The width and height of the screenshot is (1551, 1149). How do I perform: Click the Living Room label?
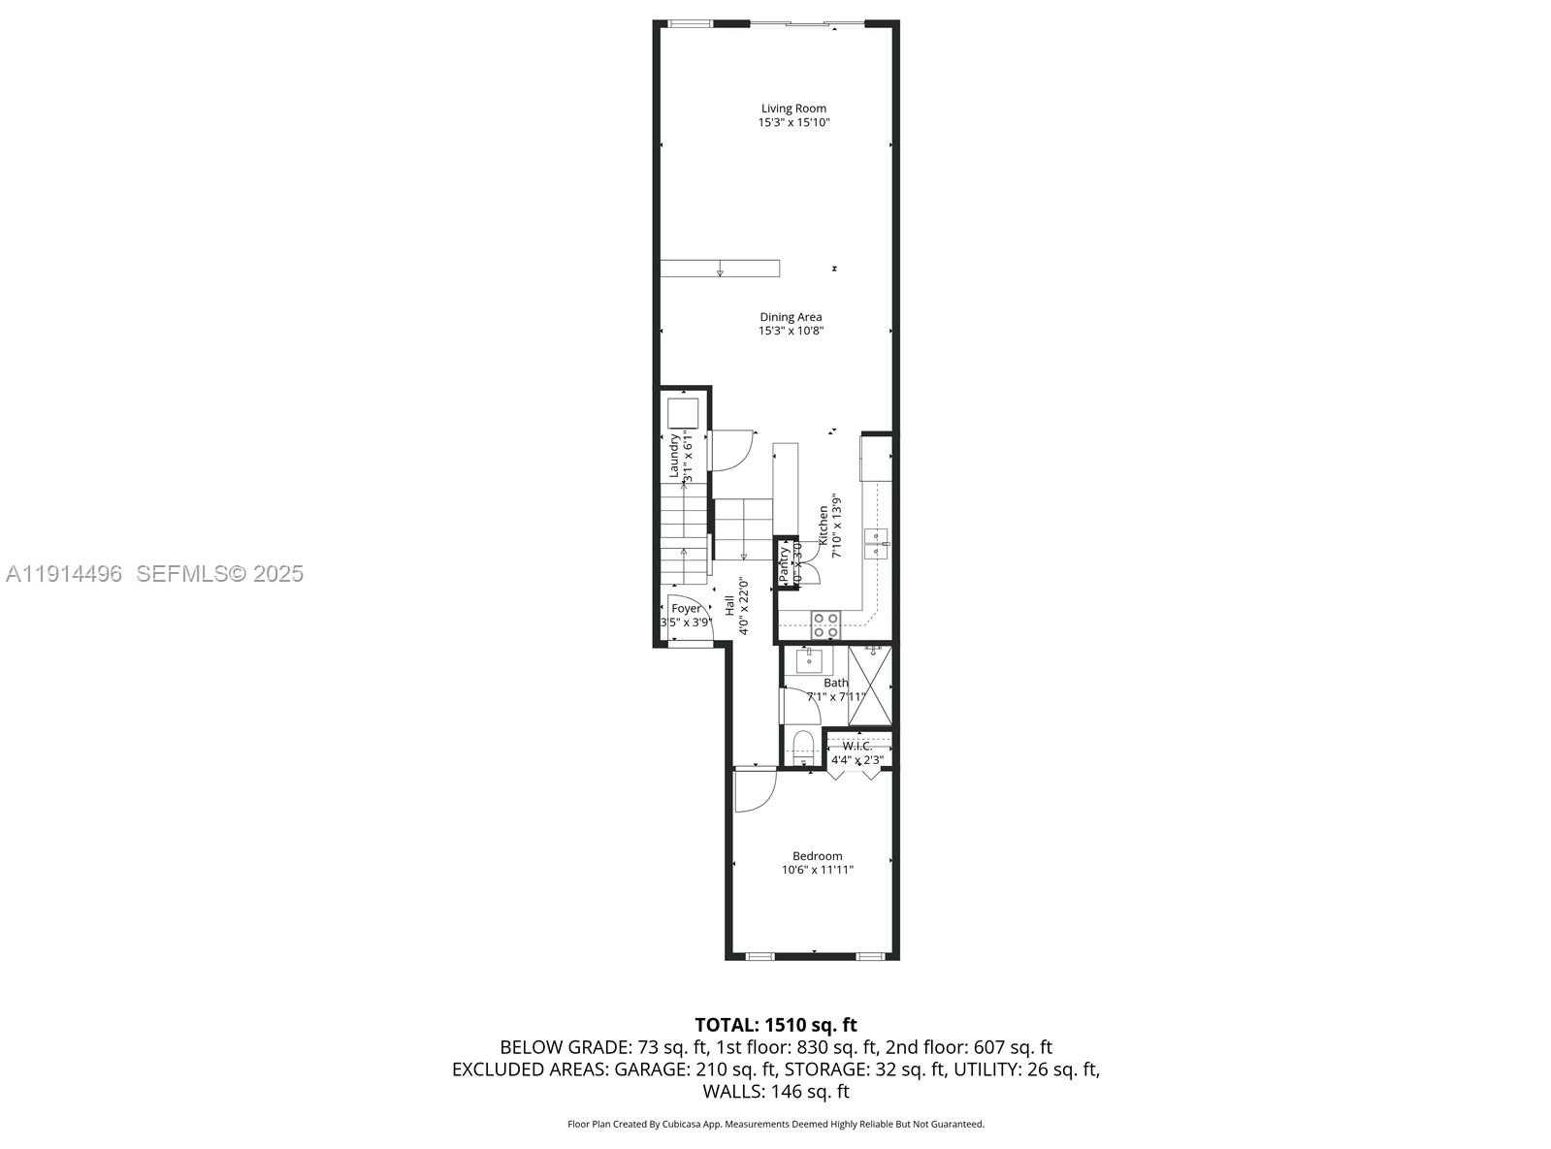click(x=793, y=109)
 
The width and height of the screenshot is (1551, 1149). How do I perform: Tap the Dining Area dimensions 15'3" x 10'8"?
click(x=791, y=331)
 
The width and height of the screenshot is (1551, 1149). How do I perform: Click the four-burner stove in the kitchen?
click(x=825, y=624)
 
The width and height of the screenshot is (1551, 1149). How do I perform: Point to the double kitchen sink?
click(x=876, y=544)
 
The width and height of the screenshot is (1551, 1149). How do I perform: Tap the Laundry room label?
click(x=674, y=456)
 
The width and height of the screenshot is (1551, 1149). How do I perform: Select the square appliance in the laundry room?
click(x=683, y=413)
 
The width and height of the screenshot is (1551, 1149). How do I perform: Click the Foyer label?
click(x=686, y=609)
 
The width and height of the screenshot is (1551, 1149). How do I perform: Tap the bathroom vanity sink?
click(x=808, y=661)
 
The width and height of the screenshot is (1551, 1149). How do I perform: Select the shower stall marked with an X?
click(x=869, y=686)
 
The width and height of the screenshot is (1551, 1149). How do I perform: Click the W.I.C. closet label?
click(x=856, y=746)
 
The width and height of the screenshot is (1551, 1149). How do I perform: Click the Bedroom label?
click(x=817, y=856)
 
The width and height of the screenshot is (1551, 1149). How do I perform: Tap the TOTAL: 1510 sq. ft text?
click(x=775, y=1024)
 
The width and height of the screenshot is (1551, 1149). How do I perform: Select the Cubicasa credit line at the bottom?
click(x=775, y=1124)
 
